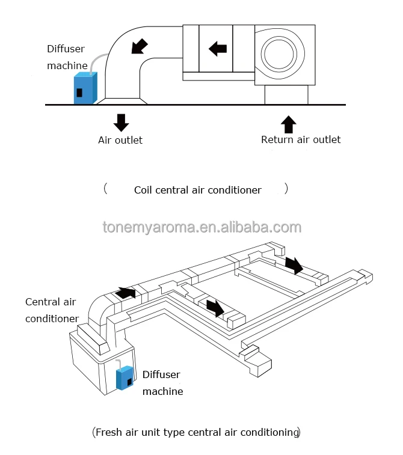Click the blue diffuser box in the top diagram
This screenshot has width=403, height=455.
point(85,88)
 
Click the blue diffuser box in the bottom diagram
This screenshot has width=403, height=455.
point(125,378)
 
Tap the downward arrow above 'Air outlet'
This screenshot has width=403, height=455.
point(121,123)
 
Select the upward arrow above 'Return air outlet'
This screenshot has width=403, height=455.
point(289,124)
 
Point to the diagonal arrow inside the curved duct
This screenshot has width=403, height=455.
point(140,46)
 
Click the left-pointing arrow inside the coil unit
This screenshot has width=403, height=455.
point(218,49)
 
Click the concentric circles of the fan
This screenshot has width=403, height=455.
point(278,54)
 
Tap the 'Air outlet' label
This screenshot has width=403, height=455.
point(120,140)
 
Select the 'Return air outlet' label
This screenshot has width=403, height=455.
point(301,139)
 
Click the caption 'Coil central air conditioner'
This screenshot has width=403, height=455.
point(198,190)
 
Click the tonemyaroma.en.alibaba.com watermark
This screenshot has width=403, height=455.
point(202,227)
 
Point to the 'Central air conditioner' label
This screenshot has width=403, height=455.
point(52,310)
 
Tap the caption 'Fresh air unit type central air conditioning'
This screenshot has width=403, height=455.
point(196,432)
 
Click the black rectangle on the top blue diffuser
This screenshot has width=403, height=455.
point(79,93)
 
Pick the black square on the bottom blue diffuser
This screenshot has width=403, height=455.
point(129,382)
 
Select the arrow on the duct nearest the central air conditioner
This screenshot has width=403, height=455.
point(126,293)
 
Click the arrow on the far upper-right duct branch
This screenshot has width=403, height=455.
point(294,265)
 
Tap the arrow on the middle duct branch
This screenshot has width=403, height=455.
point(215,308)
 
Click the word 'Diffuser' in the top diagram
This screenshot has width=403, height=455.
point(66,49)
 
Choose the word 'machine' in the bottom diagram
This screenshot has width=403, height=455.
point(163,391)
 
